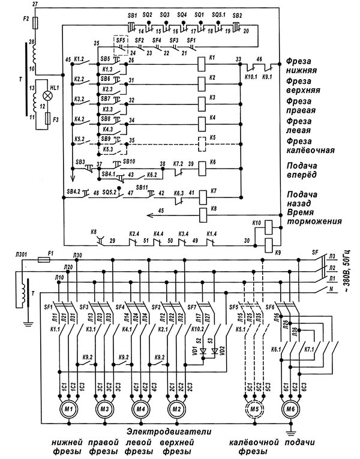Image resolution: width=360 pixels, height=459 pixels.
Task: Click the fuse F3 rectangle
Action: pos(48,117)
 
